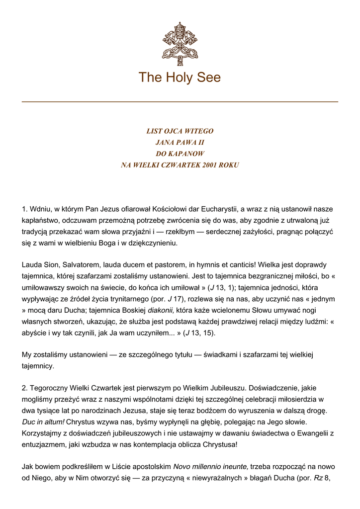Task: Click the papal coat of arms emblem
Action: (x=180, y=44)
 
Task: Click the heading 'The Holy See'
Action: (x=180, y=78)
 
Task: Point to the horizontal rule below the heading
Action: (x=180, y=102)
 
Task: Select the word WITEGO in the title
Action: (x=199, y=131)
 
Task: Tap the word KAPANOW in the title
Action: (x=186, y=154)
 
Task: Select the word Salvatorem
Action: (x=79, y=265)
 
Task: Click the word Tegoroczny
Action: (x=50, y=388)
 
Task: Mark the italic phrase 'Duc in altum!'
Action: (x=43, y=422)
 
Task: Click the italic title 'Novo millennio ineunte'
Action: (x=210, y=466)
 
